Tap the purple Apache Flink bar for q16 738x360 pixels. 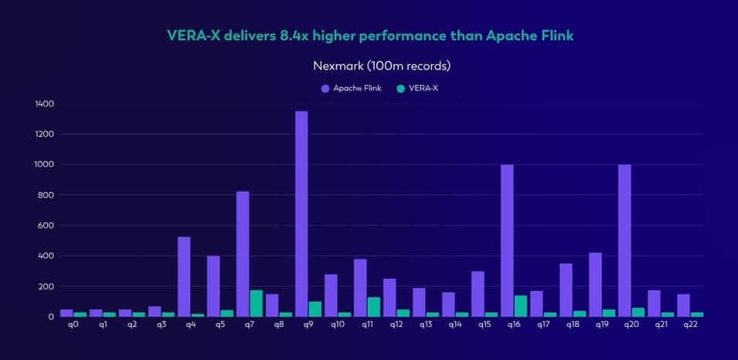click(x=507, y=240)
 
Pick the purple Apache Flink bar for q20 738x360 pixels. click(x=624, y=240)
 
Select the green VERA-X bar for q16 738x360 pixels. click(x=522, y=306)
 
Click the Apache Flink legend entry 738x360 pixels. click(x=353, y=88)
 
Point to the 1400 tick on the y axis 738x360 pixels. click(x=44, y=104)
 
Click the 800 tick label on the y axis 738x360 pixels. click(x=46, y=195)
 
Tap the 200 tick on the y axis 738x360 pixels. click(x=46, y=286)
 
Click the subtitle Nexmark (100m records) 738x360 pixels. click(x=381, y=66)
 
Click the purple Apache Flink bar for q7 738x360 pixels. click(x=243, y=254)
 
